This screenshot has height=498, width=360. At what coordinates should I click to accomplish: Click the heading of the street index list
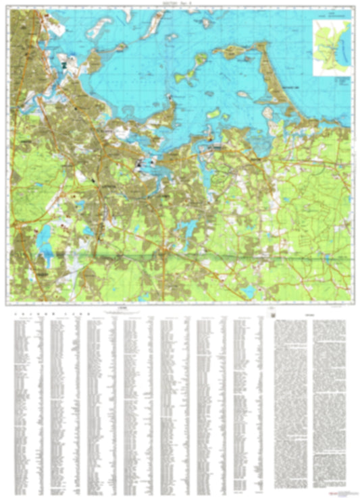tap(30, 314)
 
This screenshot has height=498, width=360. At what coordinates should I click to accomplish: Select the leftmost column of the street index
tap(27, 405)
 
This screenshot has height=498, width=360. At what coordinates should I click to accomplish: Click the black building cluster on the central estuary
tap(141, 164)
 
